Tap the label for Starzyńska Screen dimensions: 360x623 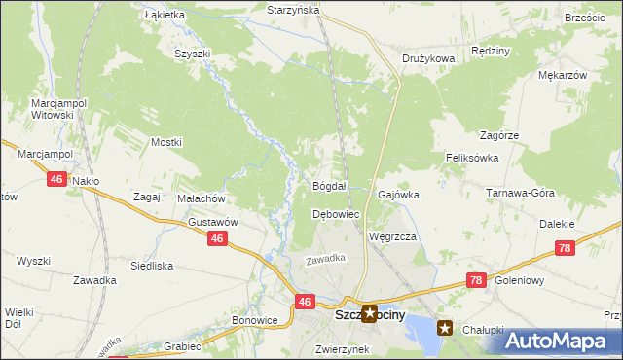point(293,9)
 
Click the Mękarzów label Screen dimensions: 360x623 point(562,75)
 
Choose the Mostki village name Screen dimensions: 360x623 point(166,142)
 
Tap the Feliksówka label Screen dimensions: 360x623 point(472,158)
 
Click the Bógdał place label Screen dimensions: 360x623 point(329,186)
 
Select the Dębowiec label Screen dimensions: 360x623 point(336,214)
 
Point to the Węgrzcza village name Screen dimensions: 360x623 point(393,236)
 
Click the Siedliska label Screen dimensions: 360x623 point(152,265)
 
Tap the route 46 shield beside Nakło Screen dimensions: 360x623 point(56,180)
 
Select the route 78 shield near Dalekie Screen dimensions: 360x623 point(566,250)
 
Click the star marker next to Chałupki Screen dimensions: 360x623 point(445,328)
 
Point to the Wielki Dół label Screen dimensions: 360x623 point(18,319)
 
